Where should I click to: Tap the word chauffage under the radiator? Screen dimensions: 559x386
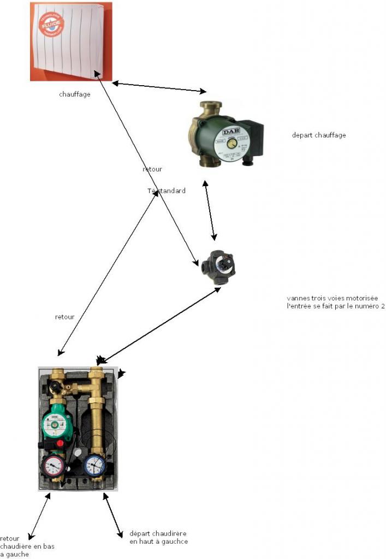pos(75,94)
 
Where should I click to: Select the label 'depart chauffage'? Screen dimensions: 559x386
pos(319,135)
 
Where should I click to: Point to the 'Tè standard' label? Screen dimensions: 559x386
pos(167,191)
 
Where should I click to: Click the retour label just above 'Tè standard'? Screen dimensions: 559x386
pos(152,169)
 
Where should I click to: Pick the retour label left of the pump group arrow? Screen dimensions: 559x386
pos(65,317)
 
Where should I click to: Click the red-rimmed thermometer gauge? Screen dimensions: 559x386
pos(52,465)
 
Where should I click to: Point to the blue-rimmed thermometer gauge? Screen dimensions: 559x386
pos(95,465)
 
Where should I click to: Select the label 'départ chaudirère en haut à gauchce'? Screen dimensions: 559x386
pos(159,537)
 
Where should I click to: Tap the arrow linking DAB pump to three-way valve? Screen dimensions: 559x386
pos(210,212)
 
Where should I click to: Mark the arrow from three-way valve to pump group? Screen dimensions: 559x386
pos(158,325)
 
